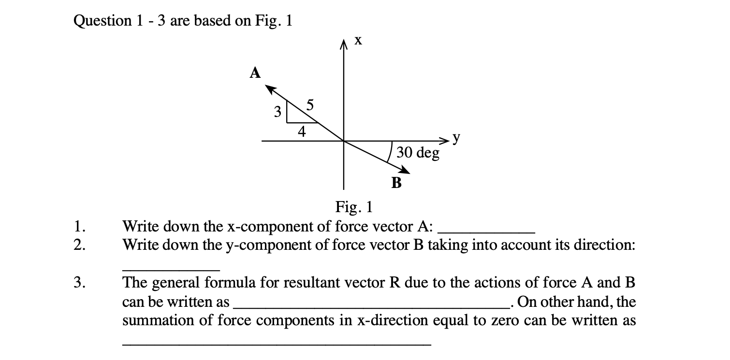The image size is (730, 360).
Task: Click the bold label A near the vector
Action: click(x=255, y=73)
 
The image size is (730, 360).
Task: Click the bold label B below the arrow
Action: click(x=396, y=183)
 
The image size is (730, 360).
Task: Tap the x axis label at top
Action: click(x=358, y=42)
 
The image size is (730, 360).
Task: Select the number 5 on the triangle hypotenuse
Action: click(x=310, y=103)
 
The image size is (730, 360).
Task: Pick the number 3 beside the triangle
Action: click(x=277, y=113)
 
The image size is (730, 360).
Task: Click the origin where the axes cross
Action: click(x=344, y=141)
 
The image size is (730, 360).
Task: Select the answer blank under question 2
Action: click(x=171, y=267)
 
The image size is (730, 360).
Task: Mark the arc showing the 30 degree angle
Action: click(x=390, y=151)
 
